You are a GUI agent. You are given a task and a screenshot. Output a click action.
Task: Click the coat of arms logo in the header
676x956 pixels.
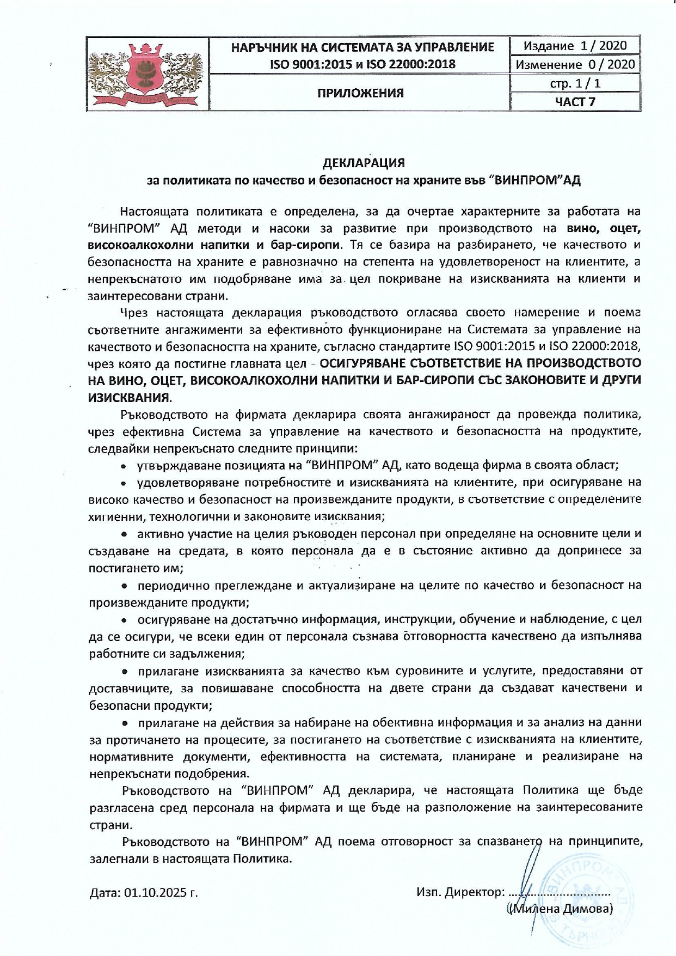coord(148,74)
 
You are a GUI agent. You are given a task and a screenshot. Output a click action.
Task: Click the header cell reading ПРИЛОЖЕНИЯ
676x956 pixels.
coord(360,93)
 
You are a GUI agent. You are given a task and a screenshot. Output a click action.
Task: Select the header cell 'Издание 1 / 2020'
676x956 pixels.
coord(575,46)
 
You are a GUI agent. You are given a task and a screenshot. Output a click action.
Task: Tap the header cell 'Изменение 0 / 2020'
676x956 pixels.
coord(575,64)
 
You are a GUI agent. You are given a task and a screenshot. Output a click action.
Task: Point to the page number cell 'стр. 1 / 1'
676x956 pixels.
coord(575,83)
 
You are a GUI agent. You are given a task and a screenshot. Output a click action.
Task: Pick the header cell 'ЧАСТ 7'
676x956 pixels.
coord(575,101)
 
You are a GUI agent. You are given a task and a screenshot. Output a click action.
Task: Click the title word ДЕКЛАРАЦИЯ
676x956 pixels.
coord(364,163)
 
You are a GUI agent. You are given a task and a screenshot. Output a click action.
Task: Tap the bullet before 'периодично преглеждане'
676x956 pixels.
coord(124,586)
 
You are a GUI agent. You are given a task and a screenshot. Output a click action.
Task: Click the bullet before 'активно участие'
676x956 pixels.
coord(124,534)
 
